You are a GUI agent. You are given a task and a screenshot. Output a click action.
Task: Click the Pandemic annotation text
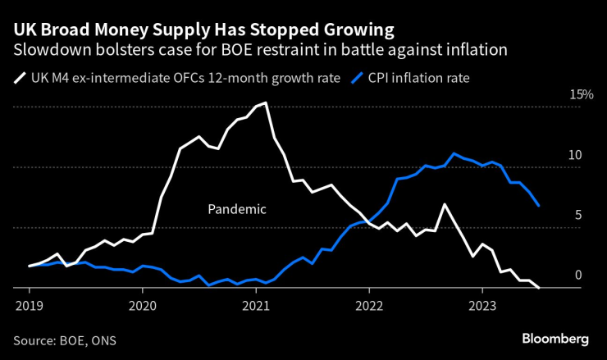[x=237, y=209]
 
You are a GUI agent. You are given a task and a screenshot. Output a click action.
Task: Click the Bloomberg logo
[x=555, y=339]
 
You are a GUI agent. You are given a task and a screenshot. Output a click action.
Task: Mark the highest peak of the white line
[x=265, y=103]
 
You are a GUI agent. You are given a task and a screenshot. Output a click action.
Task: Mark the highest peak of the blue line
[x=454, y=153]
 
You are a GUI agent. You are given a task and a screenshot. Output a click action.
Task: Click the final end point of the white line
[x=539, y=288]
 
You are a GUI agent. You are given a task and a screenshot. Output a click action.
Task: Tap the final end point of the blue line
[x=539, y=205]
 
